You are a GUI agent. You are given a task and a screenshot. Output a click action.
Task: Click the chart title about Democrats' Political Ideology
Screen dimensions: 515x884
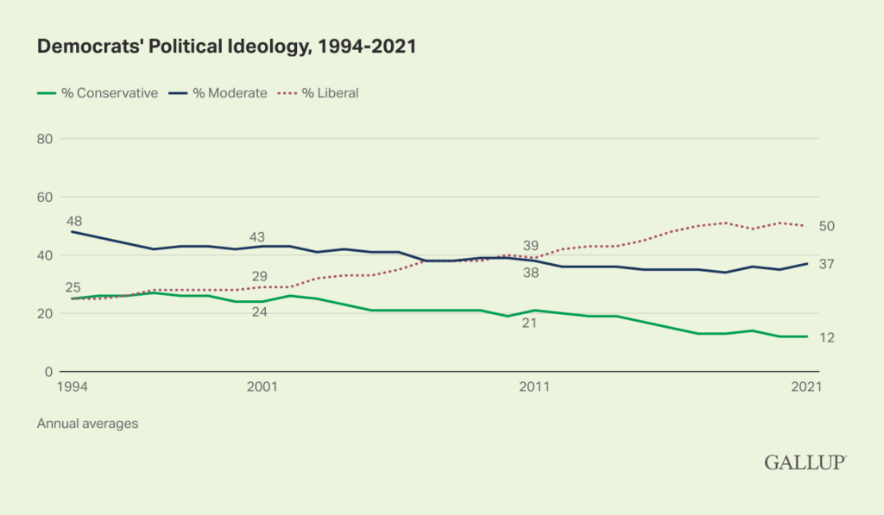pyautogui.click(x=226, y=47)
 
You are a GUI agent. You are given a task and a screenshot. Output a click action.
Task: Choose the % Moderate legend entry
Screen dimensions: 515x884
pyautogui.click(x=218, y=93)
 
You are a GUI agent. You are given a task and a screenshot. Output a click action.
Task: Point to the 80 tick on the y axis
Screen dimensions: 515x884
pyautogui.click(x=46, y=139)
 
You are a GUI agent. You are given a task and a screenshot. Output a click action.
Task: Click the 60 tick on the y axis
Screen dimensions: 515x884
pyautogui.click(x=46, y=197)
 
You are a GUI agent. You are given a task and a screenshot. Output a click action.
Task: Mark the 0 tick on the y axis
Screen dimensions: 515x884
pyautogui.click(x=49, y=372)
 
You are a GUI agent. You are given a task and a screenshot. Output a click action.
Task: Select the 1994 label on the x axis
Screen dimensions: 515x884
pyautogui.click(x=72, y=388)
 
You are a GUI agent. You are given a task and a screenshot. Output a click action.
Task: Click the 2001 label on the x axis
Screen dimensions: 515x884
pyautogui.click(x=262, y=388)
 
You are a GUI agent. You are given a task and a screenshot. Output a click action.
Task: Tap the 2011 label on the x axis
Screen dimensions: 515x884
pyautogui.click(x=534, y=388)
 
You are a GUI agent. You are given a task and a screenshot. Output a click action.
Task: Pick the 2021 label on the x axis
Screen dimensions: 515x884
pyautogui.click(x=805, y=388)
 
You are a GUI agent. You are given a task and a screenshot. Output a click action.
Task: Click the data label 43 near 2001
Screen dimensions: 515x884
pyautogui.click(x=257, y=237)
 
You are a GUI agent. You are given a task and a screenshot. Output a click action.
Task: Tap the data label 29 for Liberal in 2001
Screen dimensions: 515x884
pyautogui.click(x=259, y=275)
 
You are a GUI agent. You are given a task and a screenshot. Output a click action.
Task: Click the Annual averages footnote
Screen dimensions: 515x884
pyautogui.click(x=87, y=424)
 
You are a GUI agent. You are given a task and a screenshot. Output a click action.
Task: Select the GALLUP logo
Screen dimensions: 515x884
pyautogui.click(x=805, y=463)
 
